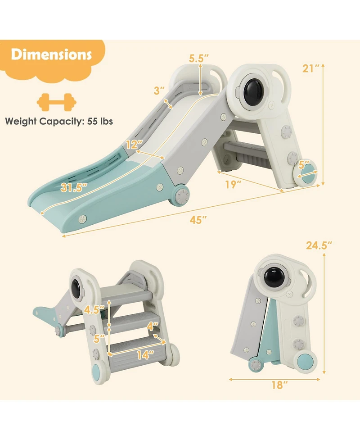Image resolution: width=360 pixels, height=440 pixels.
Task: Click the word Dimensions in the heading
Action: pyautogui.click(x=52, y=55)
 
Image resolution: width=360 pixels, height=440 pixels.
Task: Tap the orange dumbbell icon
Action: pyautogui.click(x=56, y=102)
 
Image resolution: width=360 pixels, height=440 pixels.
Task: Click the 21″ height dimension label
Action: pyautogui.click(x=310, y=68)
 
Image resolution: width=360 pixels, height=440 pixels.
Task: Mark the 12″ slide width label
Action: pyautogui.click(x=134, y=145)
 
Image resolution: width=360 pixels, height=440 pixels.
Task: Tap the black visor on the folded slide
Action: pyautogui.click(x=273, y=276)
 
